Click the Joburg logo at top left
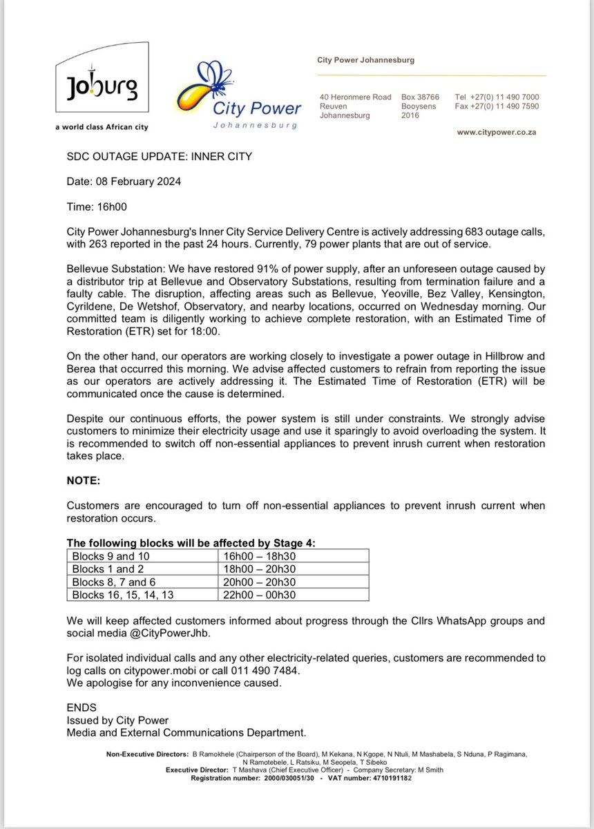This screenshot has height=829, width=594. tap(102, 89)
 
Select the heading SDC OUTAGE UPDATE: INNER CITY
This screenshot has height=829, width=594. tap(159, 157)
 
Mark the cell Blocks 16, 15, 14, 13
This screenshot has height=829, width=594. tap(123, 595)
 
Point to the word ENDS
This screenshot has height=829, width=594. tap(82, 708)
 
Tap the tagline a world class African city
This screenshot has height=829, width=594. tap(102, 127)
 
